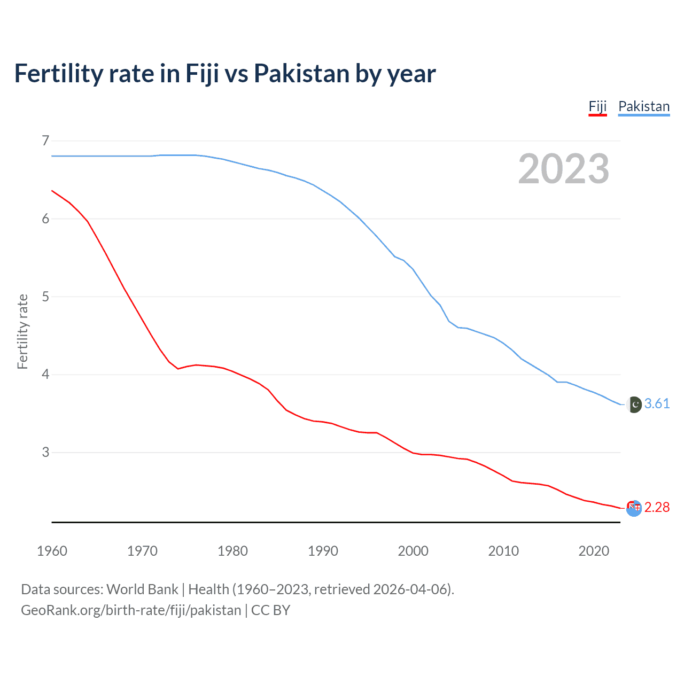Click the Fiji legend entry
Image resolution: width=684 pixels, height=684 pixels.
click(597, 106)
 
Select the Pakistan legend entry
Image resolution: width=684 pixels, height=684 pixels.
click(644, 106)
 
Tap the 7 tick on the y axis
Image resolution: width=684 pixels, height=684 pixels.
click(45, 141)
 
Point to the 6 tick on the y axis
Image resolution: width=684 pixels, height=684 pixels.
click(45, 219)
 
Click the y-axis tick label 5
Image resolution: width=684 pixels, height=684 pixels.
click(45, 297)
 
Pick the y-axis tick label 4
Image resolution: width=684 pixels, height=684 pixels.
click(45, 374)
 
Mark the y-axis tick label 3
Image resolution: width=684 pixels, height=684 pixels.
click(45, 452)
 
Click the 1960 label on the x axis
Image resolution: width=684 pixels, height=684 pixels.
click(52, 551)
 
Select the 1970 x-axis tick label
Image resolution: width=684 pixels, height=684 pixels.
click(142, 551)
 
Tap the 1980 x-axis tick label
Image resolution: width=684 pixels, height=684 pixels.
click(232, 551)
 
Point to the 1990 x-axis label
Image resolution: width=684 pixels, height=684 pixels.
click(323, 551)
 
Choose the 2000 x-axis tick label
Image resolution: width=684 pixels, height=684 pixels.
click(413, 551)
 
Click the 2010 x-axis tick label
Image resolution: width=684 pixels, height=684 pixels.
click(503, 551)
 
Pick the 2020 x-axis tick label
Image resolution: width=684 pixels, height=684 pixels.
click(594, 551)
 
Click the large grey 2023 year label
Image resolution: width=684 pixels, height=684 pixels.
click(563, 169)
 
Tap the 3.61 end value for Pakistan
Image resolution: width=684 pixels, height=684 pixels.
click(657, 404)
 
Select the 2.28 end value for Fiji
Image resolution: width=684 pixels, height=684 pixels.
click(657, 507)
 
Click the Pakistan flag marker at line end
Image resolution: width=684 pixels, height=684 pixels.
click(634, 405)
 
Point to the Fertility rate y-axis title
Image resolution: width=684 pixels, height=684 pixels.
click(22, 331)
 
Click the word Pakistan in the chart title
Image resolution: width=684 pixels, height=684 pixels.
click(301, 73)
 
